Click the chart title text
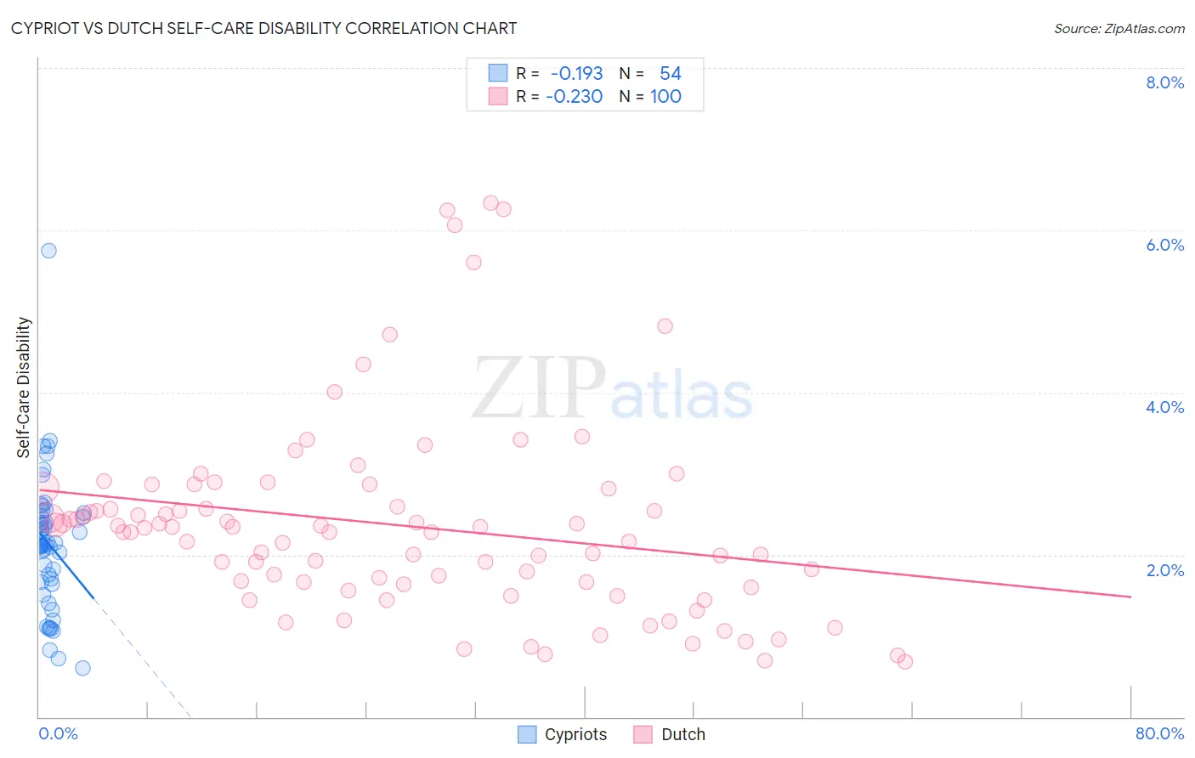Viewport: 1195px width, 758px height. (263, 28)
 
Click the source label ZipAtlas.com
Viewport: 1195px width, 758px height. (1119, 28)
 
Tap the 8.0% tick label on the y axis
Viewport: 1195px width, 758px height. (1164, 82)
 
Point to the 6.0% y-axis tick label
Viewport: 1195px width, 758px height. (1164, 245)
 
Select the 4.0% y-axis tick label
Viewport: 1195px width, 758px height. (1164, 407)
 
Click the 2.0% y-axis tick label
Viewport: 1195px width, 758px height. (1164, 570)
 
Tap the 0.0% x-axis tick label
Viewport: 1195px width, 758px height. (58, 733)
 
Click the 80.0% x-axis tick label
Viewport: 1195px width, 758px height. (1159, 733)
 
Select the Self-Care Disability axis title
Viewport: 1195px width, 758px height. (24, 387)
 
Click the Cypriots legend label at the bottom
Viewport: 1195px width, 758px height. (575, 734)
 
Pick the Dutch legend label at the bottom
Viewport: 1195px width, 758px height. (682, 734)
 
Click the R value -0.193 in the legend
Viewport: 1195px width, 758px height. (576, 74)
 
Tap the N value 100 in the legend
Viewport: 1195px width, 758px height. (665, 97)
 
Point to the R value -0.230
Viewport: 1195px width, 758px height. (574, 97)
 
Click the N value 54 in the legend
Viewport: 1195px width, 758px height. (670, 74)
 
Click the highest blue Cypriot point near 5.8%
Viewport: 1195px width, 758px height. (48, 251)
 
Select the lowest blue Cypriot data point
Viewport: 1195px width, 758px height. (82, 668)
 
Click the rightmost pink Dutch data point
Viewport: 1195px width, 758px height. (905, 662)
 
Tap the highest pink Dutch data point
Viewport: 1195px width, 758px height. (490, 203)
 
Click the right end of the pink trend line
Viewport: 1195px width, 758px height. (1130, 597)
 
